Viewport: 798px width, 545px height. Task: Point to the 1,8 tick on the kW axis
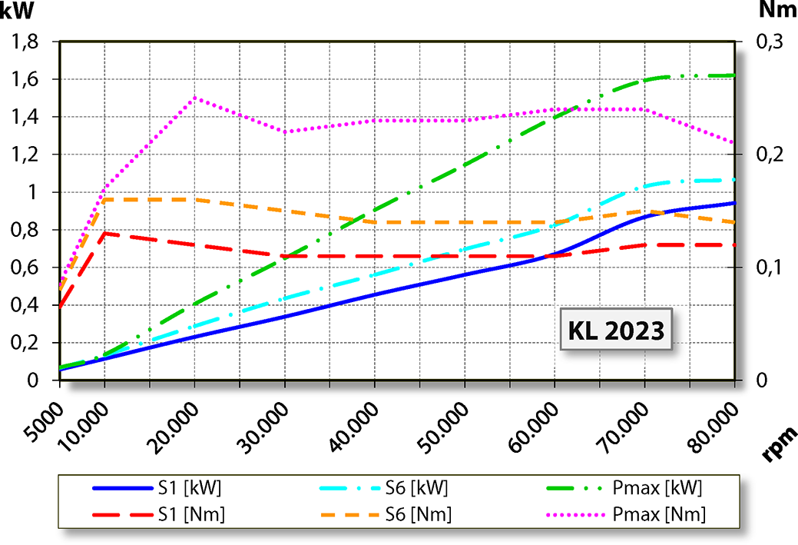(x=28, y=42)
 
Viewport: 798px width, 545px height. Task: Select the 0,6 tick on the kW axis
(x=28, y=268)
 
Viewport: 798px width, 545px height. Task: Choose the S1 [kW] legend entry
(x=158, y=487)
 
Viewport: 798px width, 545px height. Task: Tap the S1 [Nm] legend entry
(x=158, y=513)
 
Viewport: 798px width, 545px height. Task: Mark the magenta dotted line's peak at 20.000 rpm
(x=194, y=98)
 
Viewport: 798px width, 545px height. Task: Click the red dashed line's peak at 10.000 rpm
(x=104, y=233)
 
